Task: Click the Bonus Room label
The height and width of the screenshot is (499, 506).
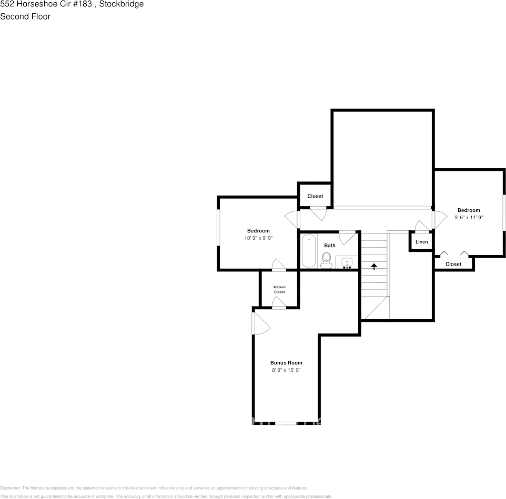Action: click(x=286, y=363)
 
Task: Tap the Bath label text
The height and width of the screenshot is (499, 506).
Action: click(x=330, y=246)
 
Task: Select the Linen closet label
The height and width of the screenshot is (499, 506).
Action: click(x=422, y=242)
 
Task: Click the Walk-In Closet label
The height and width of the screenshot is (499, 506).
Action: click(x=279, y=289)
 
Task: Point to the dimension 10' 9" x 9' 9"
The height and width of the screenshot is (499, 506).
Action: click(x=258, y=238)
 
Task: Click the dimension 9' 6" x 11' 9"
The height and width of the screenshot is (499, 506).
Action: click(x=469, y=217)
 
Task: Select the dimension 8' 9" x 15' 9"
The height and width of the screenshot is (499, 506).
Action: click(x=286, y=370)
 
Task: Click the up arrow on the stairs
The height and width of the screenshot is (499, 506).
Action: click(x=374, y=267)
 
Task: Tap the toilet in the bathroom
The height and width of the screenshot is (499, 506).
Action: click(x=326, y=259)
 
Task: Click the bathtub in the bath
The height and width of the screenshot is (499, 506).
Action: click(x=308, y=251)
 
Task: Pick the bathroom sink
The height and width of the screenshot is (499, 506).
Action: click(x=347, y=262)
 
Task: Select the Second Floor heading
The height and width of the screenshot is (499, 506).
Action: click(x=25, y=16)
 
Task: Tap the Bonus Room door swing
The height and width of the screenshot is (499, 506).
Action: click(x=261, y=323)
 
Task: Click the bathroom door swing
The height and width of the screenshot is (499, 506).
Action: click(x=347, y=238)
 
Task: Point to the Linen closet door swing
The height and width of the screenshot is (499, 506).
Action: click(x=422, y=226)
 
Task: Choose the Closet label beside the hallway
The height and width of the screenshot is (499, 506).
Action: click(x=315, y=196)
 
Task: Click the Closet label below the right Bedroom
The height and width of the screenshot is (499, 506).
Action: click(x=453, y=264)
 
